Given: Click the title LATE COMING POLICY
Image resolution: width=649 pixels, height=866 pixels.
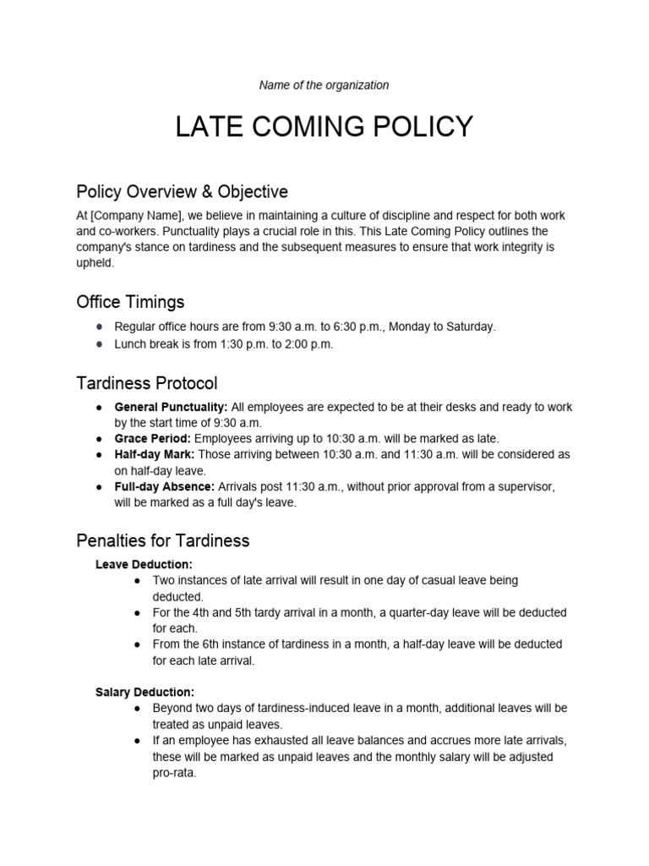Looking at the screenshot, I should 324,127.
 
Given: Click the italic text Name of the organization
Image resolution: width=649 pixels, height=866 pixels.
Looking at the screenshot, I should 324,85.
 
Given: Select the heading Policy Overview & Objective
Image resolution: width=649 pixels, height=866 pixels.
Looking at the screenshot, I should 182,192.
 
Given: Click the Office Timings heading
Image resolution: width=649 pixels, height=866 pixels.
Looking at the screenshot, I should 130,302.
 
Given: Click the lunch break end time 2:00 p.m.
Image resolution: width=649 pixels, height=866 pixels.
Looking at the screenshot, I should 310,343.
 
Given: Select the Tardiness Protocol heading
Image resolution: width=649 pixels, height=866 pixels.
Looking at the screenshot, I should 147,383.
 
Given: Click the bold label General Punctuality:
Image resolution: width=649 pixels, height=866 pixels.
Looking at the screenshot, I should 171,407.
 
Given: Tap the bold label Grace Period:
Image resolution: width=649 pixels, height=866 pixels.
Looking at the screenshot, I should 153,438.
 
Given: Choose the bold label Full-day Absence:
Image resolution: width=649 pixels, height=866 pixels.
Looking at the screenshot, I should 165,486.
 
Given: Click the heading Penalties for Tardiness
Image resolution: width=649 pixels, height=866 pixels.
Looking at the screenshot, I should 163,540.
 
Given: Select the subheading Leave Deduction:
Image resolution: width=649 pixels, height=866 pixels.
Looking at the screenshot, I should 144,563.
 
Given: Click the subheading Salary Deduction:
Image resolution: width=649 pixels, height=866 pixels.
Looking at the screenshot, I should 145,692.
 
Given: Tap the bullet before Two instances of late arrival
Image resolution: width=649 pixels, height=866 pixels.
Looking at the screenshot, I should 138,581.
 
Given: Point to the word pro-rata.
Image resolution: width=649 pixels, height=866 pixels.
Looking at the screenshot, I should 174,772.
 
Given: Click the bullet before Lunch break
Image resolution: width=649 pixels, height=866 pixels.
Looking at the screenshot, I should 100,344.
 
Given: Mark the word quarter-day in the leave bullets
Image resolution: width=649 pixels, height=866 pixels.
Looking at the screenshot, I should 432,612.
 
